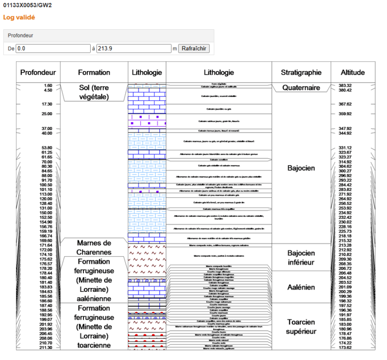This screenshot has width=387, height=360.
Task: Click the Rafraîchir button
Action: click(x=194, y=48)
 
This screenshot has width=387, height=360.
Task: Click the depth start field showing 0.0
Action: click(x=53, y=48)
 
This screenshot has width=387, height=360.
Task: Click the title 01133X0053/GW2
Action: click(x=28, y=5)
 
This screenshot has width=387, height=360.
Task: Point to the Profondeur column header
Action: click(x=38, y=72)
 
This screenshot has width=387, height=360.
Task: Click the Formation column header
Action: click(x=94, y=72)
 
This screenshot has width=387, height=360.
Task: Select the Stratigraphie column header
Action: click(x=301, y=72)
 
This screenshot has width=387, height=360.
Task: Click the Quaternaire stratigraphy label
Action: click(x=301, y=88)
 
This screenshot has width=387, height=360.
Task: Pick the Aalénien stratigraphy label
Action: click(x=301, y=288)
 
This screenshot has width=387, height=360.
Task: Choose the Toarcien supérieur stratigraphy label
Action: click(x=301, y=326)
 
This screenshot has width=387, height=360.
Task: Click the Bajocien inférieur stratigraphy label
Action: click(x=301, y=258)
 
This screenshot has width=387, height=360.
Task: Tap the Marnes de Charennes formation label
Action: click(x=94, y=247)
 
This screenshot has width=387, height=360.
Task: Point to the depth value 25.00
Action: click(x=47, y=114)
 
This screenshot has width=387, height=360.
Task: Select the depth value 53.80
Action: click(x=47, y=148)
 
